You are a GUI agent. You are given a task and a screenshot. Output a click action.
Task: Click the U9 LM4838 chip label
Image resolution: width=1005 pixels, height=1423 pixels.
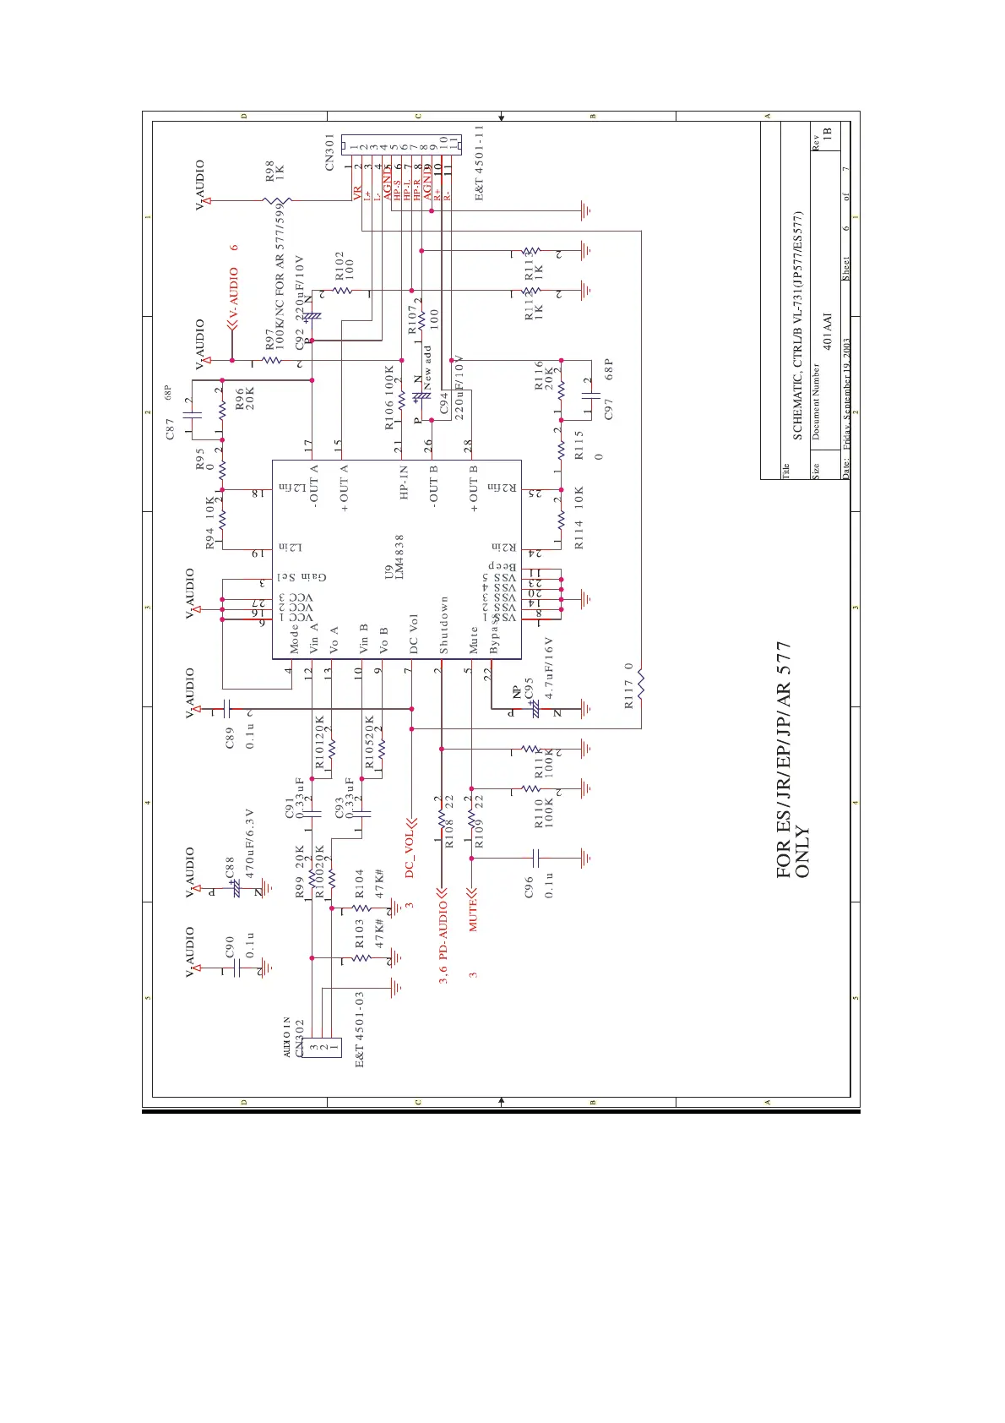[x=394, y=557]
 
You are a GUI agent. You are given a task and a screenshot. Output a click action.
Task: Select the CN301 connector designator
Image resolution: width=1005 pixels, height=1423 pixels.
[x=330, y=152]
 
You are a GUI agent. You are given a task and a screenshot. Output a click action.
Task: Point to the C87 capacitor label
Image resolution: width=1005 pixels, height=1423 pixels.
[x=171, y=428]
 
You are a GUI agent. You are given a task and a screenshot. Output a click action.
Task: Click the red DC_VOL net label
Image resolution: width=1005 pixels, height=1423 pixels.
[x=410, y=853]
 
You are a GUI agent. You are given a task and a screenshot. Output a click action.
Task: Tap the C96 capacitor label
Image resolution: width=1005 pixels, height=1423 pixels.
[x=530, y=886]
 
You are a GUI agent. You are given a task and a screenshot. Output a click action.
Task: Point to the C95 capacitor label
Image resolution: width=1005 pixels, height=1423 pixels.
[x=529, y=687]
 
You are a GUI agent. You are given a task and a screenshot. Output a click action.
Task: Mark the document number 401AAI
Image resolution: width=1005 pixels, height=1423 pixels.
[x=828, y=331]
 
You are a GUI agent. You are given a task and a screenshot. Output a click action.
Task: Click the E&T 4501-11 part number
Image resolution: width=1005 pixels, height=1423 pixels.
[x=479, y=162]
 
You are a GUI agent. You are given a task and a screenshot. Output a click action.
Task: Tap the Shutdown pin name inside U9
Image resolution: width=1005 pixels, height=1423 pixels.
[x=443, y=624]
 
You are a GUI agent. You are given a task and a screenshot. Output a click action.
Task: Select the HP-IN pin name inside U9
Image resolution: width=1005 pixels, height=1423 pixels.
[x=404, y=482]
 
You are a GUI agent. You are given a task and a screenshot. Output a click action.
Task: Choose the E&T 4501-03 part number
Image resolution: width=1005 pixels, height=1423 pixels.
[x=360, y=1028]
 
